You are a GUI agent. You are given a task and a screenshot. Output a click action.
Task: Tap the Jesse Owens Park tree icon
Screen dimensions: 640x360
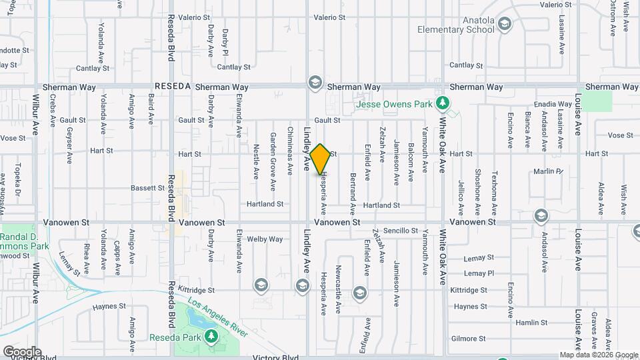(441, 103)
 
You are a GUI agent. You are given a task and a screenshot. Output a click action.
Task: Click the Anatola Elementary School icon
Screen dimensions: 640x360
(505, 25)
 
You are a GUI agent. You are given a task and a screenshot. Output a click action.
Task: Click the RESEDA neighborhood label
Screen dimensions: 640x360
(173, 87)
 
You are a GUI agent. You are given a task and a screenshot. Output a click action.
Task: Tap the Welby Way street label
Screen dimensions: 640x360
(265, 239)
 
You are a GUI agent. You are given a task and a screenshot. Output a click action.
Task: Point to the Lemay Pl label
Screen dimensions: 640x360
(479, 273)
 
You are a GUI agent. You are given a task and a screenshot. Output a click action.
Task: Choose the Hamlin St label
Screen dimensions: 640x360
(531, 322)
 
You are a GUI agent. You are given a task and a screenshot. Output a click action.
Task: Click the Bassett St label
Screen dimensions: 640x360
(147, 188)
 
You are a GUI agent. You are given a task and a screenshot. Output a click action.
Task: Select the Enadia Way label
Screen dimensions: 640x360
(553, 105)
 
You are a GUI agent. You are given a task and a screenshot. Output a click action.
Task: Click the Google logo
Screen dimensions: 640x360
(21, 351)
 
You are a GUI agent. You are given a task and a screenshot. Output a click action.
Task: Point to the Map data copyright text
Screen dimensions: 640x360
(598, 355)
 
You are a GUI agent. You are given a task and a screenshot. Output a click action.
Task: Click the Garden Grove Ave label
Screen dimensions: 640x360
(273, 154)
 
